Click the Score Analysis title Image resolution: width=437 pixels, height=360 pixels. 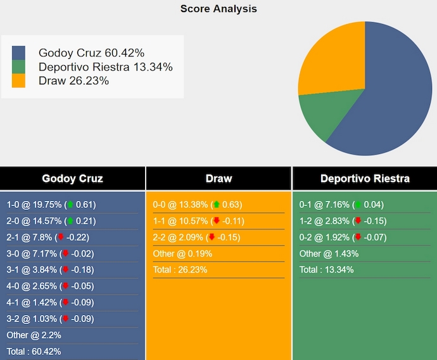218,9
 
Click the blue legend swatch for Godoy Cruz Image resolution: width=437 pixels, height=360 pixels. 18,53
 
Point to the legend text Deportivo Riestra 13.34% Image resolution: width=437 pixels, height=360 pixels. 105,67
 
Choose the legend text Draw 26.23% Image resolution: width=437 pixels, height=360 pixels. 73,80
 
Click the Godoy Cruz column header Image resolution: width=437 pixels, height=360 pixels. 72,179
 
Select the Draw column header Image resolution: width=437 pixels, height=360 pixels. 218,179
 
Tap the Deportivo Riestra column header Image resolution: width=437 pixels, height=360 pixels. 365,179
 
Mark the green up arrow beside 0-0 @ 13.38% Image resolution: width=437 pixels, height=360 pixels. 216,205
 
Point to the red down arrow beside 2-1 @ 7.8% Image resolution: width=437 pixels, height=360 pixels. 61,238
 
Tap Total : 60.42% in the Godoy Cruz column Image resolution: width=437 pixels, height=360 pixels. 34,351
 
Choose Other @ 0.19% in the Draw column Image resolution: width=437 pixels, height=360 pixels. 182,254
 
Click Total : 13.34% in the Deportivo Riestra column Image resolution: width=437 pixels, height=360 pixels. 326,270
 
